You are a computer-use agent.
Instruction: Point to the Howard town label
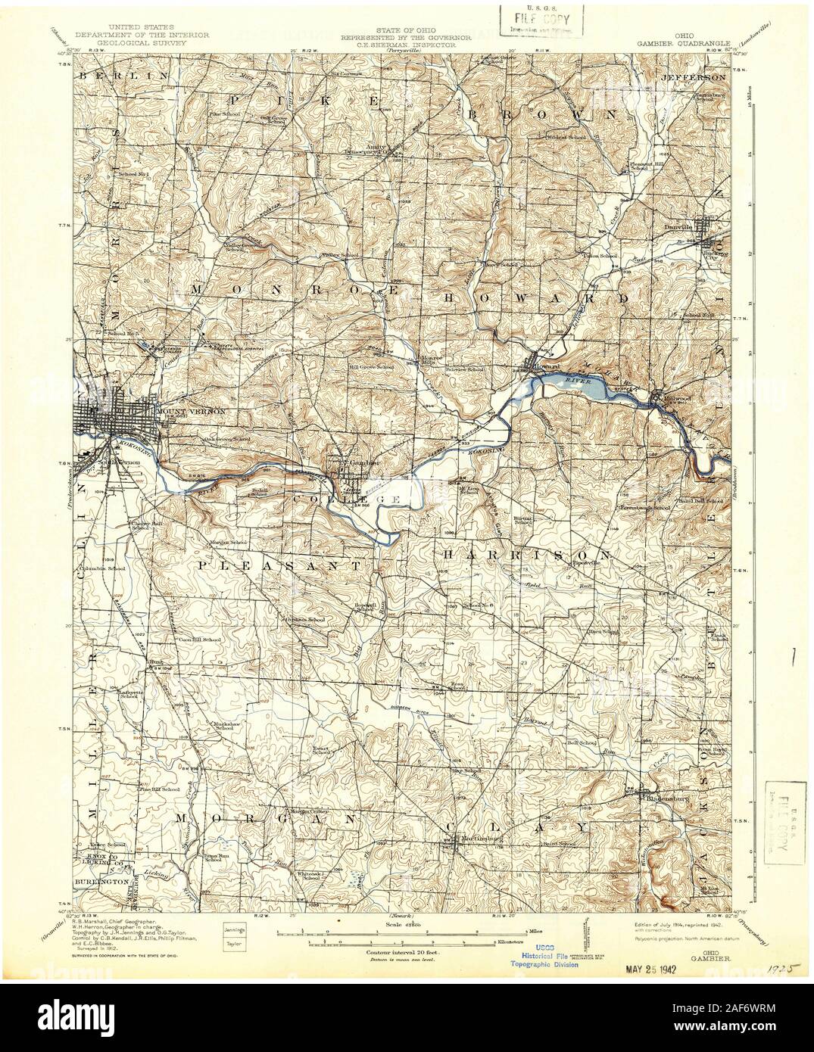pyautogui.click(x=547, y=367)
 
